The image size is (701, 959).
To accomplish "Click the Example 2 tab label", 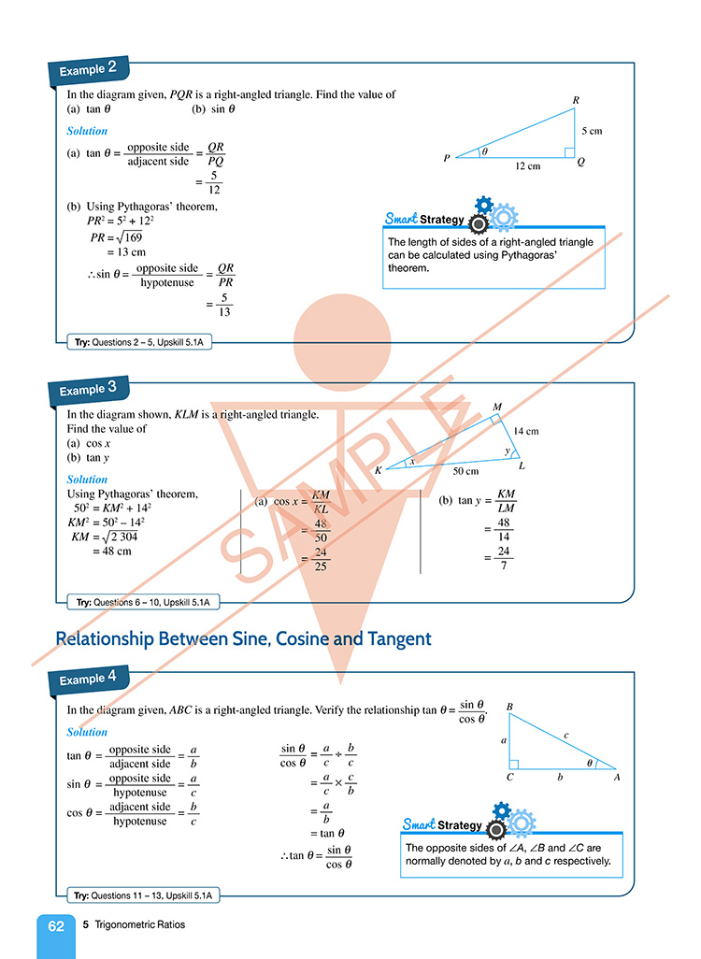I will [88, 69].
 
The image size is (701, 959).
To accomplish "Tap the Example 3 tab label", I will [88, 388].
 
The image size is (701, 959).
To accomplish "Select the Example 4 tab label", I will [88, 679].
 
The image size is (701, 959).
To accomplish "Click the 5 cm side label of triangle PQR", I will [591, 131].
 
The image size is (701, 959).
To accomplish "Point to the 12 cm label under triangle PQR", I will [528, 166].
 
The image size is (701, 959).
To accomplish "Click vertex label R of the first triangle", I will [576, 100].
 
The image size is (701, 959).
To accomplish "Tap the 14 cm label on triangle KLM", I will [526, 431].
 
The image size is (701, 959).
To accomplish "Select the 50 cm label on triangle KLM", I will [465, 472].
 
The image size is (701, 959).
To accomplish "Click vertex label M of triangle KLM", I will [497, 407].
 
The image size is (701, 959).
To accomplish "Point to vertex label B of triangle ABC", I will [509, 708].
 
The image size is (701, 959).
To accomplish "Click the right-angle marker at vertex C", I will [514, 764].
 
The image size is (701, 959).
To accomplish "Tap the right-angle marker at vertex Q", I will [568, 151].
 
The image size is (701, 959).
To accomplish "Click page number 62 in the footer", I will [56, 926].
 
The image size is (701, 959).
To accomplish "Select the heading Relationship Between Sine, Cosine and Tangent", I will [243, 639].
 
